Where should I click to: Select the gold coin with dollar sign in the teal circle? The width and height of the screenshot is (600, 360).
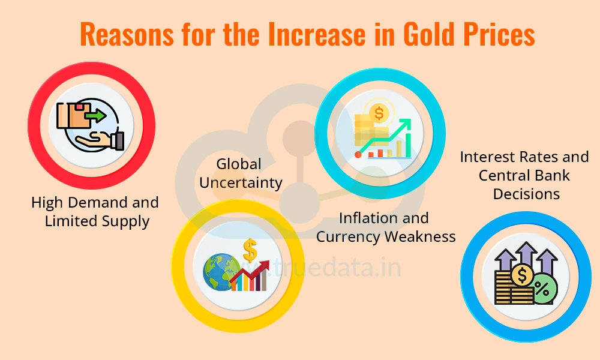coord(379,113)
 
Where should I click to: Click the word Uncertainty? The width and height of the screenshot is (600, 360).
coord(241,182)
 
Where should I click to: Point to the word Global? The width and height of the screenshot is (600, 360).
coord(239,163)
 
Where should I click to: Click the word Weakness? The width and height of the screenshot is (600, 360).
coord(420,236)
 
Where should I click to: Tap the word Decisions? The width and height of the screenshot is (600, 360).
coord(526,194)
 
